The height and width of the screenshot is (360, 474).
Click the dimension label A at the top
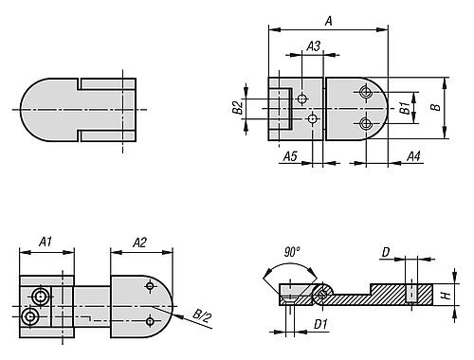[x=329, y=21]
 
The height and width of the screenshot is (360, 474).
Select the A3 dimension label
[x=314, y=46]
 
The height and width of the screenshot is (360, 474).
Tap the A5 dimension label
[x=290, y=156]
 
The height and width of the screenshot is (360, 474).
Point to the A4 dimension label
[x=413, y=156]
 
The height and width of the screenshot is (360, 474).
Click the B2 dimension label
[x=238, y=107]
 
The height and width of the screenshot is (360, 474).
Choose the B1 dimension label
[x=405, y=108]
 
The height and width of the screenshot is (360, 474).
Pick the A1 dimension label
[x=46, y=243]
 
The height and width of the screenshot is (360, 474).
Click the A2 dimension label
[x=139, y=243]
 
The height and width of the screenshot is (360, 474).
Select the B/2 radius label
[x=202, y=315]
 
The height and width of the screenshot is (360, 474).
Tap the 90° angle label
[x=292, y=252]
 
